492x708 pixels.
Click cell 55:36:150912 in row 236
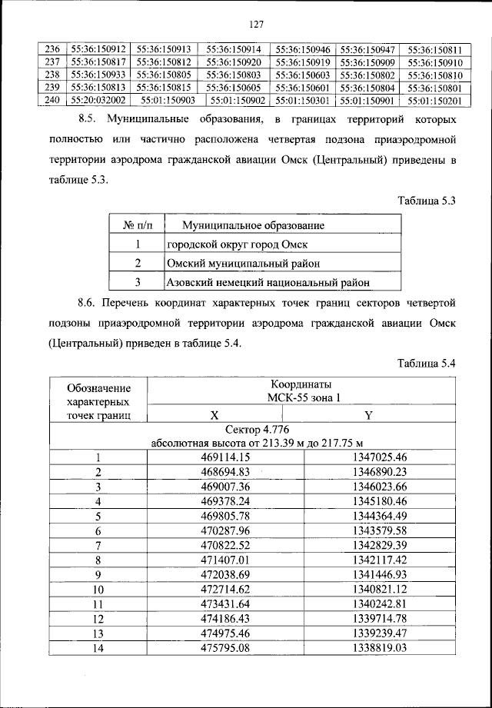98,48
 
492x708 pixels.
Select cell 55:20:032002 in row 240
98,100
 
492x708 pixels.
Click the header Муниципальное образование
252,225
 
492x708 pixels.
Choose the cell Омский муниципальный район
238,264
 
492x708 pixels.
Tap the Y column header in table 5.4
367,415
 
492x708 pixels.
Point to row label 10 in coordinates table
98,588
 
